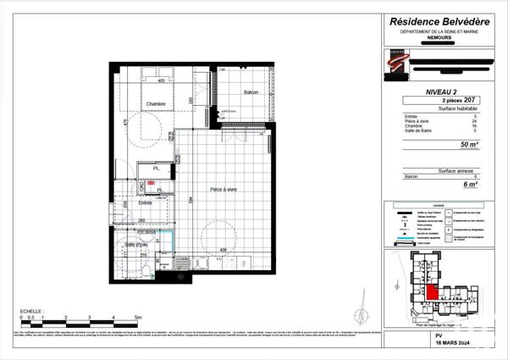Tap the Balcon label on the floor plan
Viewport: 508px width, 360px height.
[251, 91]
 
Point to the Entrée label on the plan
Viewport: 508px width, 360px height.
[146, 203]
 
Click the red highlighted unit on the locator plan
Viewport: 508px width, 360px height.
[432, 292]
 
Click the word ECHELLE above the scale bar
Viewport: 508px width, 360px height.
[31, 311]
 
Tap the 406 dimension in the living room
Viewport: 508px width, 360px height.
[223, 249]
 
